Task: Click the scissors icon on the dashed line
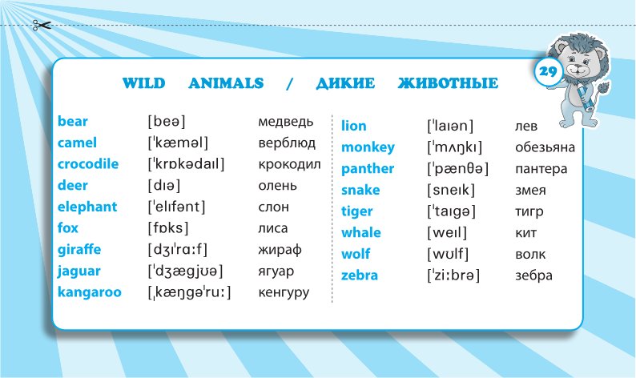(x=42, y=26)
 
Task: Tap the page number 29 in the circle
(x=548, y=72)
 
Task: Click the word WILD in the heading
(x=143, y=83)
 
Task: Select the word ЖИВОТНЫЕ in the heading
(x=448, y=83)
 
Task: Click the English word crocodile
(x=88, y=164)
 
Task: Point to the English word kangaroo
(x=89, y=292)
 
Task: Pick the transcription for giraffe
(x=178, y=249)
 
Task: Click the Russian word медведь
(x=285, y=121)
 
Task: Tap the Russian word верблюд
(x=287, y=143)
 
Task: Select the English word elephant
(x=87, y=207)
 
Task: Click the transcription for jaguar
(x=185, y=271)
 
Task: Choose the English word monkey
(x=368, y=147)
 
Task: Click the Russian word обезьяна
(x=545, y=147)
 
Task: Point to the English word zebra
(x=360, y=275)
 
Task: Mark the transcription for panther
(x=458, y=169)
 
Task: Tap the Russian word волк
(x=530, y=255)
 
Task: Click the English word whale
(x=361, y=233)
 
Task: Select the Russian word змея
(x=530, y=191)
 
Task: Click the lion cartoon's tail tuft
(x=602, y=89)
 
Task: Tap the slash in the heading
(x=289, y=83)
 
